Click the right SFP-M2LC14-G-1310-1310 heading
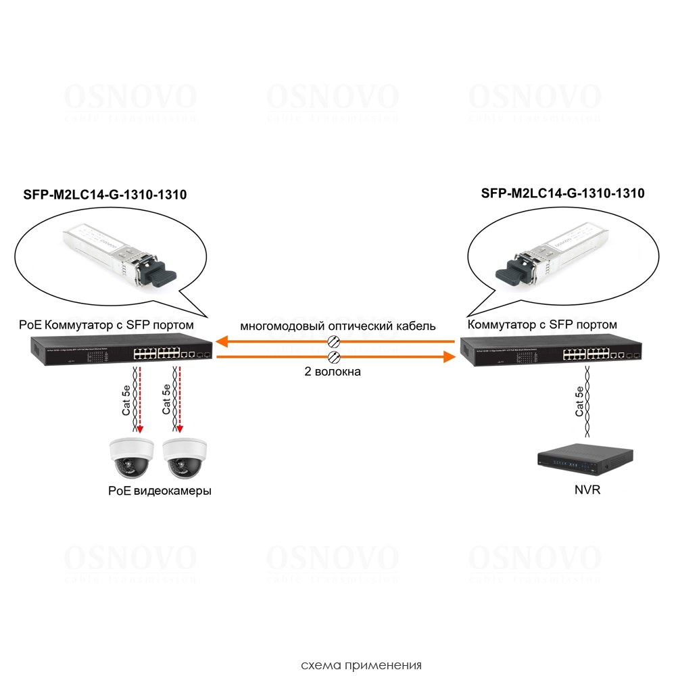pos(562,193)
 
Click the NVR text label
pos(585,489)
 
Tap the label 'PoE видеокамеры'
pos(160,491)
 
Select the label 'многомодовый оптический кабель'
pos(338,326)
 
